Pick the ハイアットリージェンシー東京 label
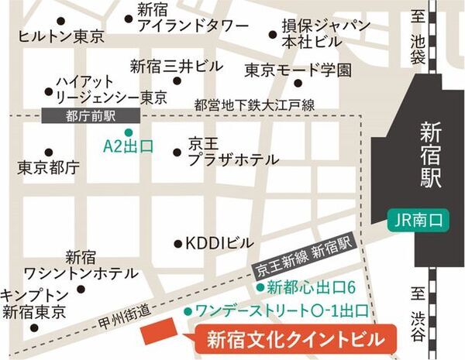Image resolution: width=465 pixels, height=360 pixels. tap(111, 89)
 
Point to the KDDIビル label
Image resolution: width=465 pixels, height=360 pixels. tap(218, 243)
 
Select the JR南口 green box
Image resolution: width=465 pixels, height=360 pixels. tap(415, 221)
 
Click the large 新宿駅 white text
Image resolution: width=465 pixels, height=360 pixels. tap(425, 155)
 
